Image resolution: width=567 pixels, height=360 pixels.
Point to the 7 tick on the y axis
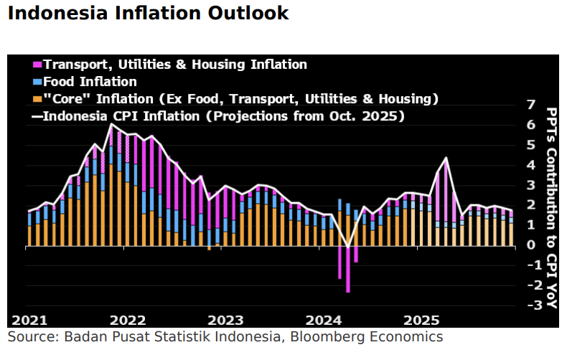click(530, 105)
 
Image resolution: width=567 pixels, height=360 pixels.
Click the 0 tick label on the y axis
click(530, 245)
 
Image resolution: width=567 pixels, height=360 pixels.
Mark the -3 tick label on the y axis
click(528, 305)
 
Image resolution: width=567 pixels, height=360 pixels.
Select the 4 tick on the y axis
click(530, 165)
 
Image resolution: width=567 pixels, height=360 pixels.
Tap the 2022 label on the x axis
click(128, 320)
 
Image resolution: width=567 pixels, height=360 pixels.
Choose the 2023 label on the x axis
click(227, 320)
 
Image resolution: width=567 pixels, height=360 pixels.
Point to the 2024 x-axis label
click(324, 320)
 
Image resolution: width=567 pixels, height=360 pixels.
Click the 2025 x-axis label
click(422, 320)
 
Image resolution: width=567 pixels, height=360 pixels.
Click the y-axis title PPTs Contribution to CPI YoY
click(551, 208)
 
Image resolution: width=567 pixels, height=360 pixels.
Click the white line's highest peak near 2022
click(111, 125)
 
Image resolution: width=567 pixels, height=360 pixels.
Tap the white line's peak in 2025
click(446, 158)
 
